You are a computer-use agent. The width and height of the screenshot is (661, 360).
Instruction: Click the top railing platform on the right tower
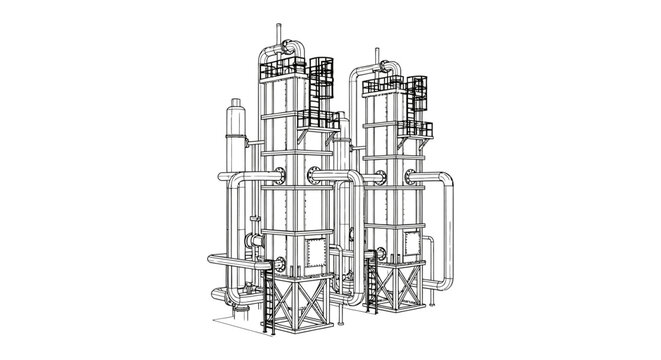(x=384, y=85)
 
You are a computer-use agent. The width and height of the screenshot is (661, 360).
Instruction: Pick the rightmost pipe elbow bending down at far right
(x=446, y=186)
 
